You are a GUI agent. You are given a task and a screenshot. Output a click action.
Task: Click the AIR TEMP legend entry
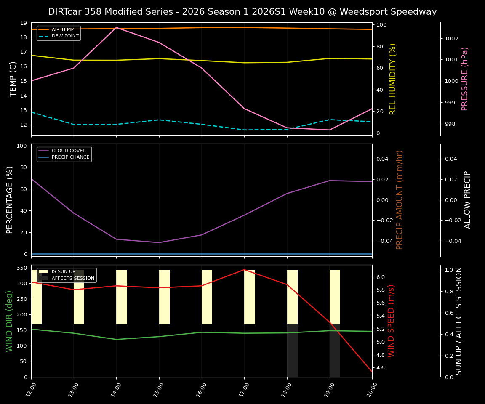tap(62, 30)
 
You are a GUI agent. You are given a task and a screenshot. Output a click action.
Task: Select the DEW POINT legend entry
tap(65, 36)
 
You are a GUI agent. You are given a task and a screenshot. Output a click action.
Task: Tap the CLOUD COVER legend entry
tap(69, 151)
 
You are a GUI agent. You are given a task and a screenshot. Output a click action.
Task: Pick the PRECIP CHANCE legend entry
tap(70, 157)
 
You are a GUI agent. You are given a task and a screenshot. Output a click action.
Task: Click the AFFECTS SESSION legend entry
tap(73, 278)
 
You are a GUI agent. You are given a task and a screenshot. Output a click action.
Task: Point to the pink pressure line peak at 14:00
tap(117, 27)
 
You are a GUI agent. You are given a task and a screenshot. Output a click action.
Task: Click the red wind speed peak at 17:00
tap(244, 270)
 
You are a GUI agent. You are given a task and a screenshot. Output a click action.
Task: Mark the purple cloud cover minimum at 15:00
tap(159, 242)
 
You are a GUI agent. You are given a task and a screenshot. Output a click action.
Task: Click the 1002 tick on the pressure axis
tap(451, 39)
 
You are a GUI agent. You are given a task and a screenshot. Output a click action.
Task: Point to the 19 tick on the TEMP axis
tap(24, 23)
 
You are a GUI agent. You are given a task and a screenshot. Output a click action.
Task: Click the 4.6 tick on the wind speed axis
tap(380, 368)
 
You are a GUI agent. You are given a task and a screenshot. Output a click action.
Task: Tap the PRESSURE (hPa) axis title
tap(465, 79)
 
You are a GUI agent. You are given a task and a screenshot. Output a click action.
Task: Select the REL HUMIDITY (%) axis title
tap(393, 79)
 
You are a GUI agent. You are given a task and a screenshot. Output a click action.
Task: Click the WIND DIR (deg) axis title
tap(9, 321)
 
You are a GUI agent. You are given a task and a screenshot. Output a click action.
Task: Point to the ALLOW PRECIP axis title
tap(467, 199)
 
